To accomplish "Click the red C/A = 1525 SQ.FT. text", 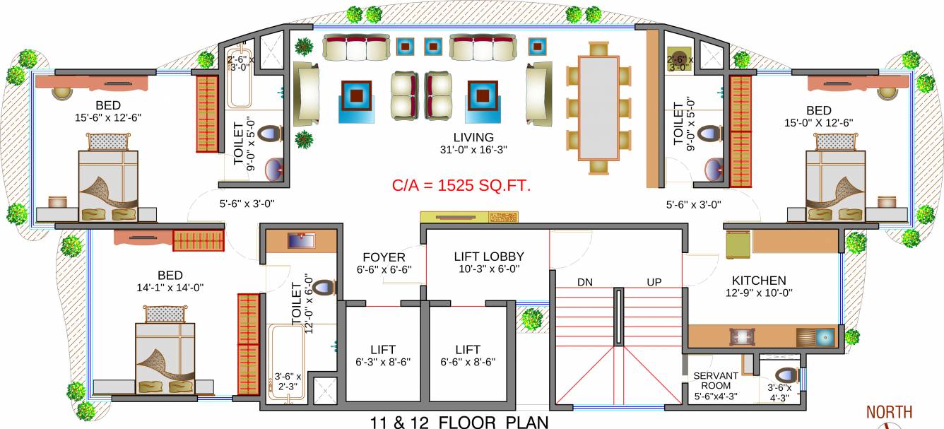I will pyautogui.click(x=461, y=186).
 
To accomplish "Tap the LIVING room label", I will pyautogui.click(x=473, y=137).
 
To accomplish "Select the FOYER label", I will pyautogui.click(x=384, y=257).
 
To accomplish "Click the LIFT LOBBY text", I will pyautogui.click(x=488, y=256).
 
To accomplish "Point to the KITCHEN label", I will pyautogui.click(x=759, y=281).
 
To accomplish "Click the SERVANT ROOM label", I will pyautogui.click(x=715, y=381).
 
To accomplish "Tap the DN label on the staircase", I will pyautogui.click(x=584, y=282).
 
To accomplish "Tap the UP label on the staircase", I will pyautogui.click(x=654, y=282).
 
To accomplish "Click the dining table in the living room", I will pyautogui.click(x=598, y=107).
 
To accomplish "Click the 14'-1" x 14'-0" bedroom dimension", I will pyautogui.click(x=170, y=288).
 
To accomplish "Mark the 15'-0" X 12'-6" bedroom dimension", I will pyautogui.click(x=819, y=122).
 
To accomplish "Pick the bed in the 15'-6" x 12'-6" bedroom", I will pyautogui.click(x=108, y=185).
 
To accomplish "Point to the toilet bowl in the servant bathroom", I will pyautogui.click(x=786, y=376).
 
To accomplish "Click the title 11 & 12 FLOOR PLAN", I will pyautogui.click(x=459, y=423).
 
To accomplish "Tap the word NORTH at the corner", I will pyautogui.click(x=889, y=412).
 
